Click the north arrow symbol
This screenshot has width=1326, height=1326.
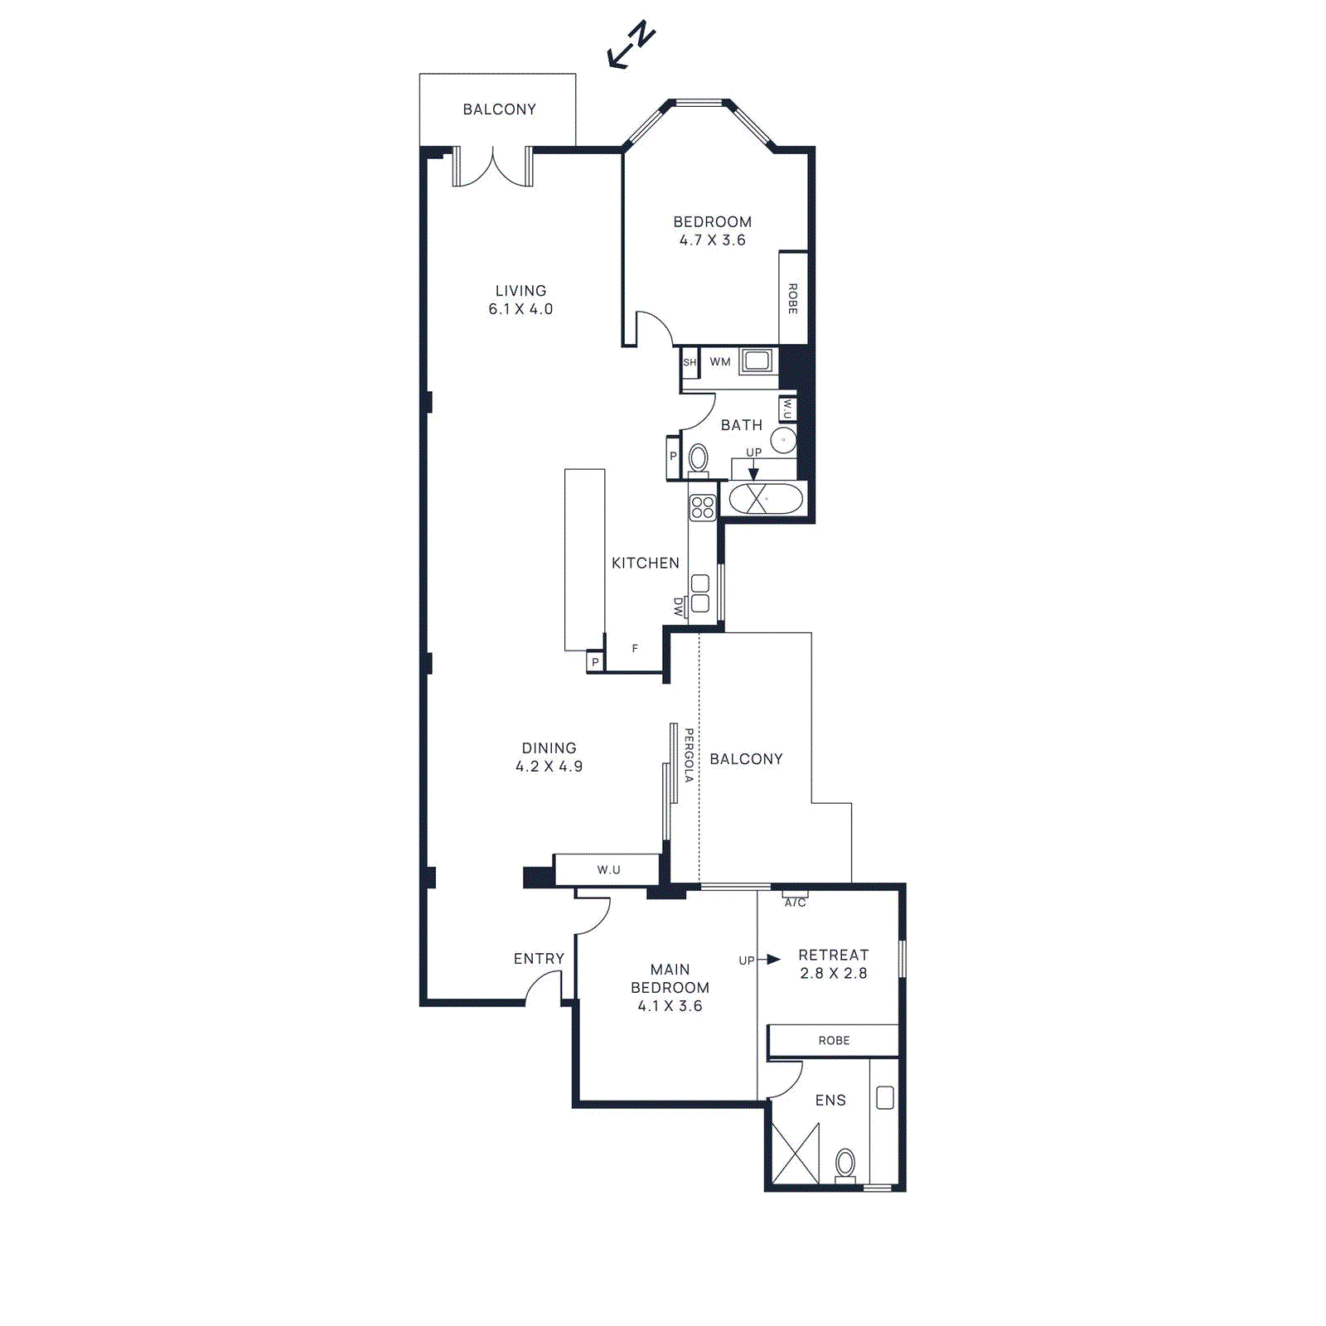click(632, 46)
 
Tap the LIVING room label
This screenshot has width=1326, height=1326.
click(520, 291)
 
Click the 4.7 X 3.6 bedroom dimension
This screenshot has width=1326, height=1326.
click(712, 240)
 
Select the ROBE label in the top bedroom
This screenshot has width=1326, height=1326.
click(792, 298)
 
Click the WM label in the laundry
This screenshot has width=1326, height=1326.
click(720, 362)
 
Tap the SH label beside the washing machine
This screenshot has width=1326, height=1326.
click(690, 362)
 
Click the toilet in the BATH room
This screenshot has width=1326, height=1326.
click(699, 458)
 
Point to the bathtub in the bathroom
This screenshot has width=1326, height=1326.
click(765, 499)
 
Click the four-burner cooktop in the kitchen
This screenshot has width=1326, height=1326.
click(703, 507)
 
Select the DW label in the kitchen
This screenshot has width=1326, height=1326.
click(679, 607)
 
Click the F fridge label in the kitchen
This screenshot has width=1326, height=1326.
click(635, 649)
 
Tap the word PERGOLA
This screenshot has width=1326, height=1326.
click(689, 755)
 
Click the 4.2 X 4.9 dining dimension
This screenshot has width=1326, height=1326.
click(549, 767)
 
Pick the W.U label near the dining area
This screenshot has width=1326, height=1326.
click(608, 869)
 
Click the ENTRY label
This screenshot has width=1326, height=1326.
click(539, 959)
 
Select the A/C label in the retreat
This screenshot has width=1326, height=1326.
click(795, 903)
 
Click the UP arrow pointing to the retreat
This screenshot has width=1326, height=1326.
click(771, 960)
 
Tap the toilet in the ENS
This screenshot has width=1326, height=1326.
click(845, 1164)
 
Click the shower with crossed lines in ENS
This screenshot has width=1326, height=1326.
click(795, 1154)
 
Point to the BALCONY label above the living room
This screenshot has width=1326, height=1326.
click(499, 109)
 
